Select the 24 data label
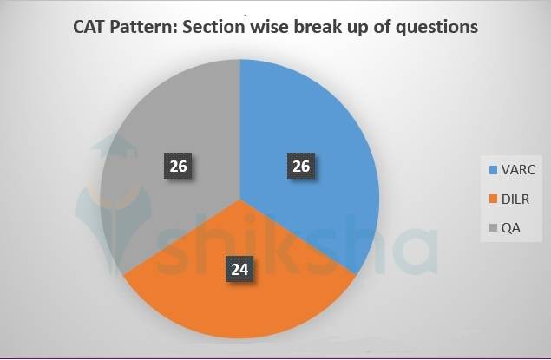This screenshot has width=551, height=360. [239, 270]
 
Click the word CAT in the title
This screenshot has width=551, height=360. [90, 27]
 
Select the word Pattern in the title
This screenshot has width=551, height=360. [145, 27]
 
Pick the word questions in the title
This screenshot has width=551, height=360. [437, 28]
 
